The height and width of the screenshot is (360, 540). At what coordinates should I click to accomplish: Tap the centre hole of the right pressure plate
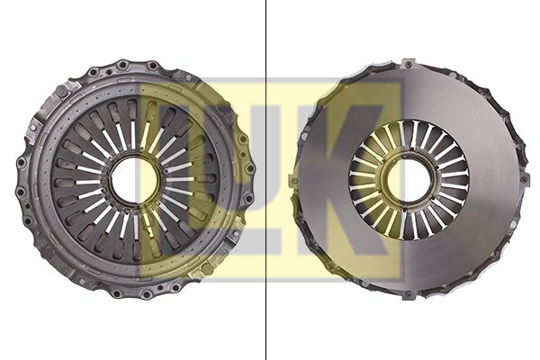coord(409,179)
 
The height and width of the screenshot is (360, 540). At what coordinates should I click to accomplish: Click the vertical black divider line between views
coord(265,180)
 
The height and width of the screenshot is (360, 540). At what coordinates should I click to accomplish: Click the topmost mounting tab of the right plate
coord(409,64)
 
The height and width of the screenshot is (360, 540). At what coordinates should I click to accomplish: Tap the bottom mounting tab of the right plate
coord(409,295)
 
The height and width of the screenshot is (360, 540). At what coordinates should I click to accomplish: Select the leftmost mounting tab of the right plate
coord(293,181)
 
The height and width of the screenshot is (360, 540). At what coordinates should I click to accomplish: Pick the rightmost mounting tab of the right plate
coord(524,179)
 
